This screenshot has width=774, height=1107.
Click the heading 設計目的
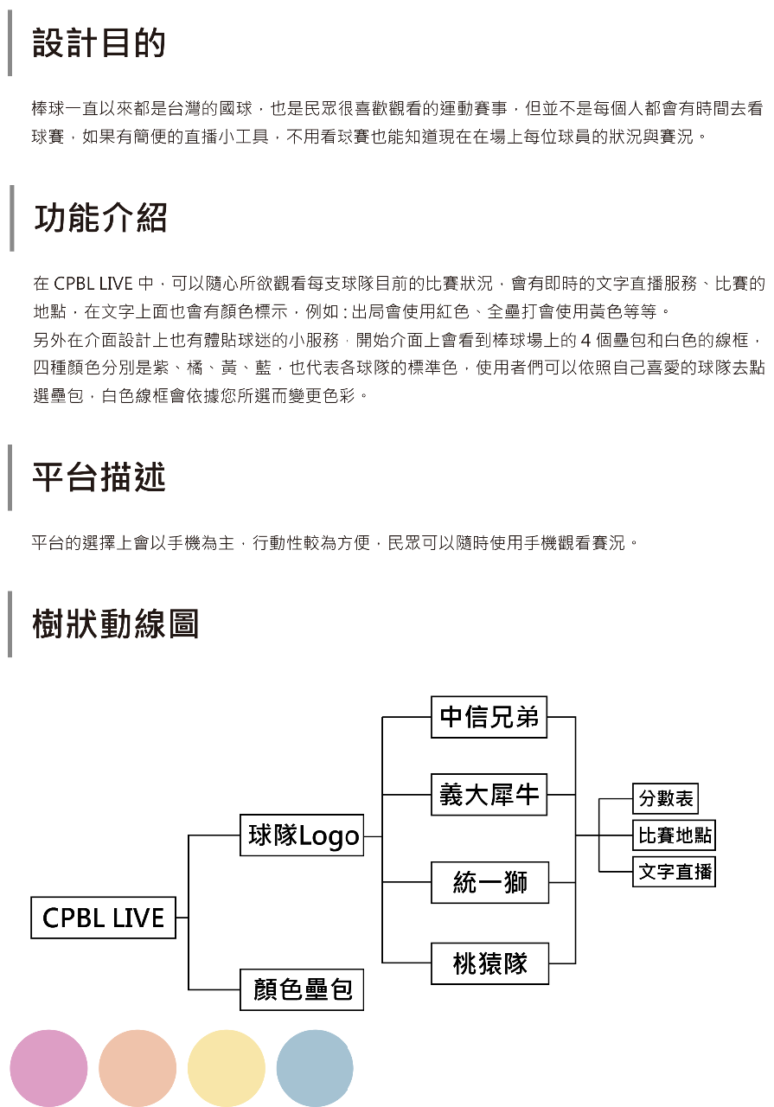(99, 43)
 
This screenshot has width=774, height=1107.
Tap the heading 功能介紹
(101, 217)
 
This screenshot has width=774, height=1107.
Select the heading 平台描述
(99, 477)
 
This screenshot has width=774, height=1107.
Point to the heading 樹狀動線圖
(116, 624)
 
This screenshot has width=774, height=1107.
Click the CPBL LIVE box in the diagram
(103, 918)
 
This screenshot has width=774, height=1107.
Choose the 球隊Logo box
(302, 835)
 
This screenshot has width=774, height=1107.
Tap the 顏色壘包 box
(302, 989)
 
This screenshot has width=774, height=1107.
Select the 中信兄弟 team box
(489, 717)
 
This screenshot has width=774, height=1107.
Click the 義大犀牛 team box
(489, 795)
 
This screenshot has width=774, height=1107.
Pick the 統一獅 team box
(489, 883)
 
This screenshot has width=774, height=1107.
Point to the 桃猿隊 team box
(489, 963)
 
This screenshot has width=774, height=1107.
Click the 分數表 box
(665, 798)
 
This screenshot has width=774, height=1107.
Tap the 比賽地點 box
(674, 835)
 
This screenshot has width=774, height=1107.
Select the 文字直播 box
(674, 872)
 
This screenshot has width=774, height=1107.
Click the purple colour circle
(48, 1068)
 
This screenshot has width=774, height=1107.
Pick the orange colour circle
(138, 1068)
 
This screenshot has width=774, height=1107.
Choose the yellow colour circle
(227, 1068)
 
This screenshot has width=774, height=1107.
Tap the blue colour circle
(315, 1068)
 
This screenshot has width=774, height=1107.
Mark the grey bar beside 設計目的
(10, 43)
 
